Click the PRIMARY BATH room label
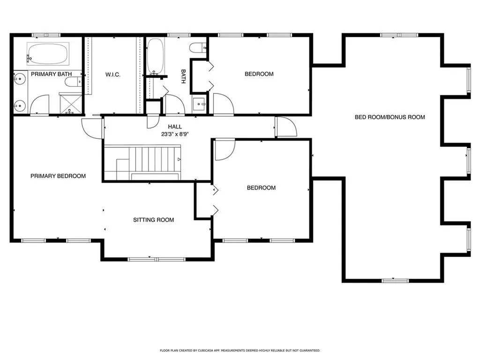click(x=48, y=74)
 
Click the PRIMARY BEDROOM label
click(x=58, y=176)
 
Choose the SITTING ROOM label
click(x=153, y=220)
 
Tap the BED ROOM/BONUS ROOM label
click(x=390, y=117)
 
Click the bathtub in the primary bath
click(x=47, y=54)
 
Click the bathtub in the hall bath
click(x=156, y=56)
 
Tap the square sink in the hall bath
click(x=199, y=104)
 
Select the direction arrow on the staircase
click(x=178, y=160)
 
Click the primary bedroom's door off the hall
click(x=91, y=128)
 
